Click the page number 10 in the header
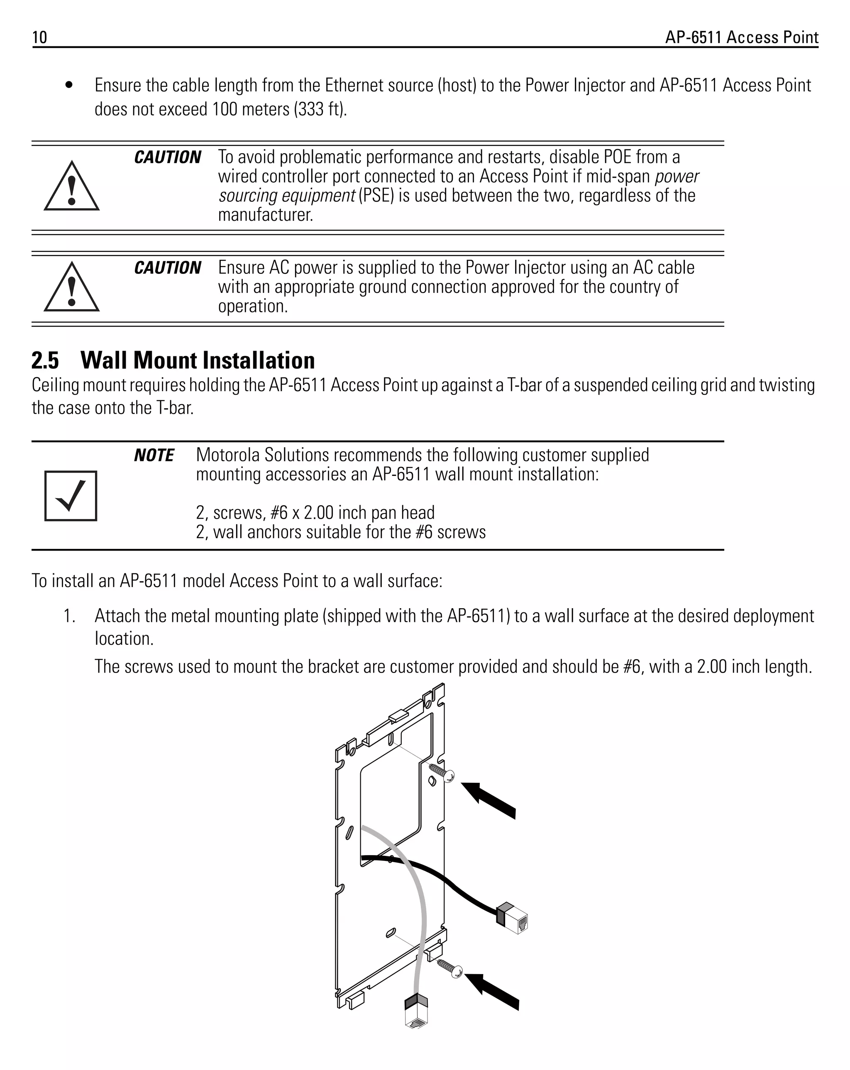(x=39, y=37)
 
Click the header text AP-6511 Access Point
(x=741, y=37)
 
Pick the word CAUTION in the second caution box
(x=167, y=268)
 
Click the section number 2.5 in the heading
(x=45, y=360)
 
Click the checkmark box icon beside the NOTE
(x=71, y=496)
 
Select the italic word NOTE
(x=154, y=455)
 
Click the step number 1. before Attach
(x=69, y=616)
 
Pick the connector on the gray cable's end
(x=416, y=1011)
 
